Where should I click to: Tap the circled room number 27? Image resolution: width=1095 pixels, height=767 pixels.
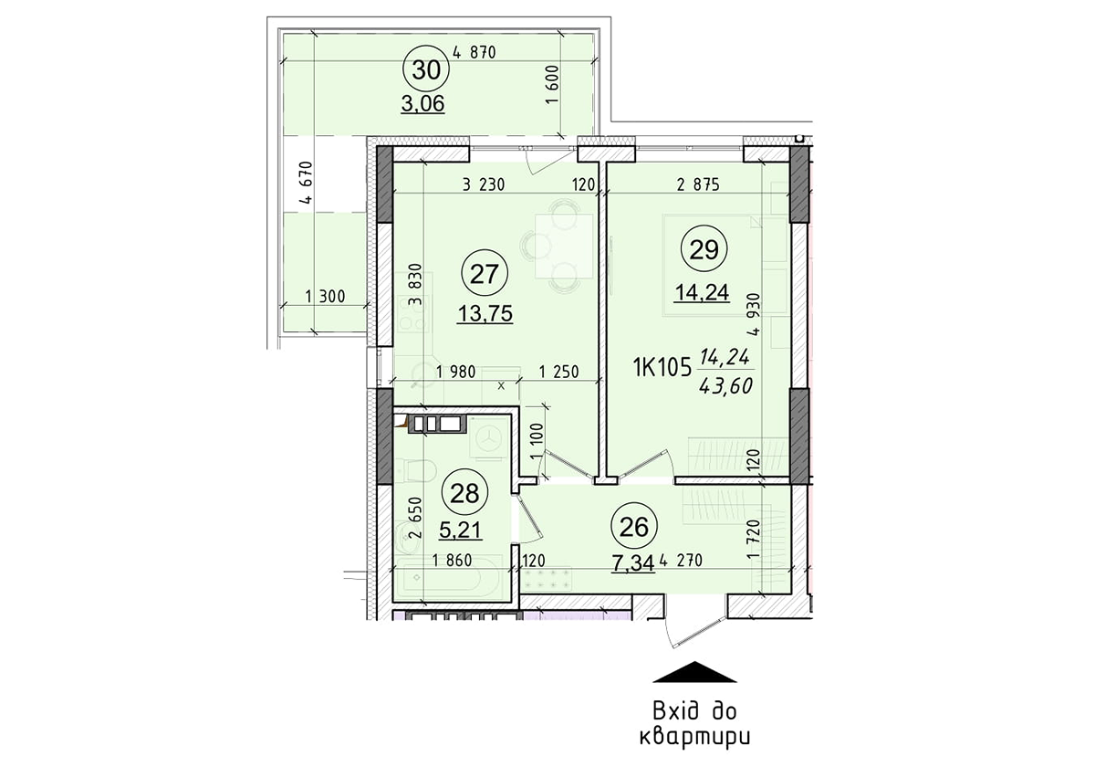[x=484, y=272]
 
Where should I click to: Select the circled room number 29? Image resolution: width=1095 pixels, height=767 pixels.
[x=704, y=249]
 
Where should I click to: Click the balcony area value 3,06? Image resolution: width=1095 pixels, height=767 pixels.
[x=422, y=104]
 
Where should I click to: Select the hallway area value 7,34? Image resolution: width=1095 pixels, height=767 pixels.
[x=634, y=562]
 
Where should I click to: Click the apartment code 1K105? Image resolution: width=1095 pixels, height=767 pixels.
[x=661, y=367]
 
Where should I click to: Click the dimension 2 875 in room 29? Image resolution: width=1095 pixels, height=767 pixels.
[x=698, y=184]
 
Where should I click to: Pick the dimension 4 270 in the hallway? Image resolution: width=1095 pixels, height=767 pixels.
[x=684, y=562]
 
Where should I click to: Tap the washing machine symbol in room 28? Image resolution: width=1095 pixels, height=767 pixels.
[x=489, y=440]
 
